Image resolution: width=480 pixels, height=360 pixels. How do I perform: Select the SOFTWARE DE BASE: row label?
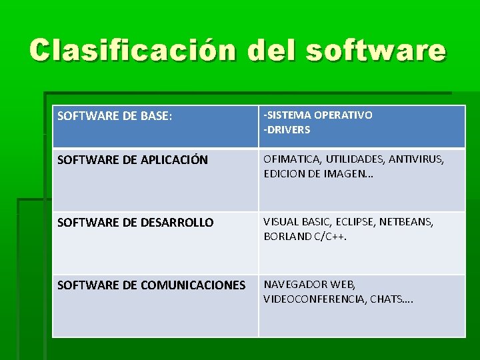click(115, 116)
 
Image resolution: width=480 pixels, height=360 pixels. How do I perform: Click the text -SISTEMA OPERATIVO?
click(318, 115)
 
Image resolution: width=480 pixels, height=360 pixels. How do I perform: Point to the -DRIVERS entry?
click(287, 130)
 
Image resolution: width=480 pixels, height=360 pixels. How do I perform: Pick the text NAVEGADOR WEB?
click(309, 285)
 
